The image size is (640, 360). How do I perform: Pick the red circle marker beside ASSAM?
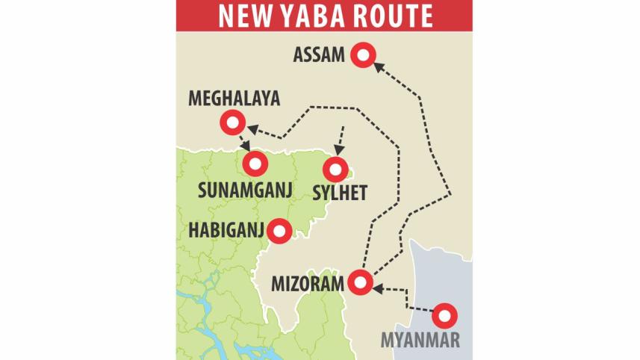tap(363, 55)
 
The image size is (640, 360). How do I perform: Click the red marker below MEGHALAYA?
tap(232, 124)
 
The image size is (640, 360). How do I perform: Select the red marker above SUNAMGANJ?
tap(255, 163)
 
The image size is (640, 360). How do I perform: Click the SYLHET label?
tap(339, 194)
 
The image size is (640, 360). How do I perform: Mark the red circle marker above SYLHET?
tap(335, 168)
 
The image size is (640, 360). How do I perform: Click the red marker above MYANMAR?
tap(444, 316)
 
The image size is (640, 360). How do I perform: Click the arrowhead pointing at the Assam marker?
tap(377, 66)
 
